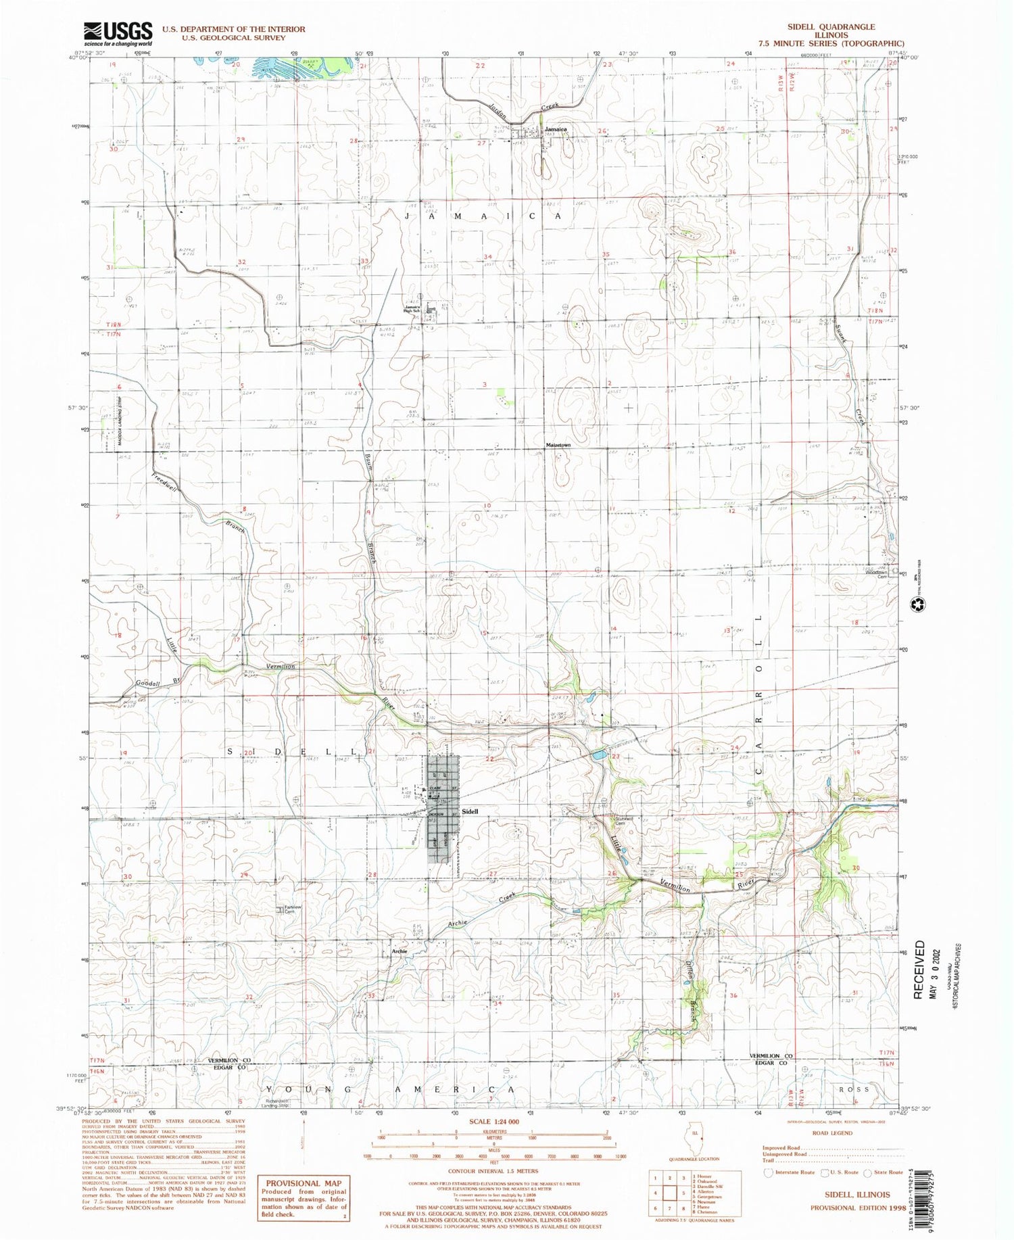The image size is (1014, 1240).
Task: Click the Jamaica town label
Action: tap(556, 129)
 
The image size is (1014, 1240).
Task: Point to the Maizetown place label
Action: tap(558, 446)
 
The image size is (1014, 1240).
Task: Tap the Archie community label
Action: tap(399, 951)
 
